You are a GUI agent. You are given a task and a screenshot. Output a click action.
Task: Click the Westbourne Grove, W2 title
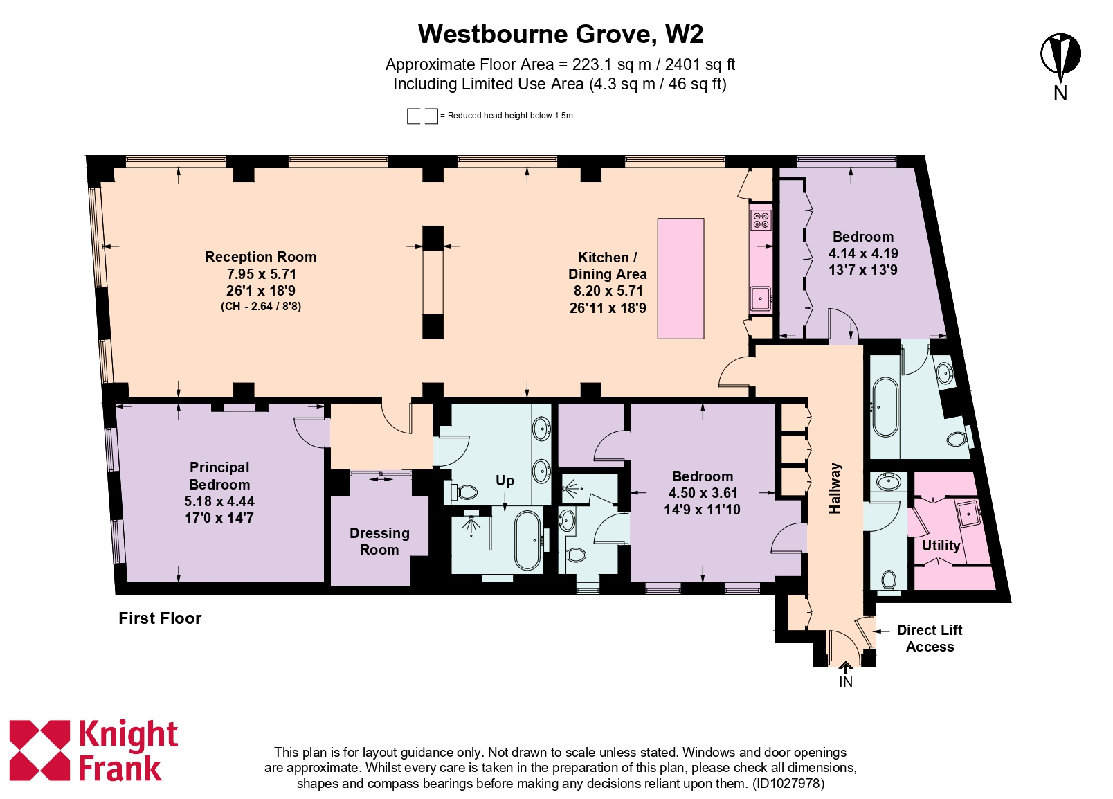pyautogui.click(x=560, y=34)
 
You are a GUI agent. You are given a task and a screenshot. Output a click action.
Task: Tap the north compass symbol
pyautogui.click(x=1060, y=55)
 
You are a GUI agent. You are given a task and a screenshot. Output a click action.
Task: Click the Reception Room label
pyautogui.click(x=260, y=257)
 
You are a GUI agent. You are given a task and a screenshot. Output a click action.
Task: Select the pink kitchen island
pyautogui.click(x=680, y=278)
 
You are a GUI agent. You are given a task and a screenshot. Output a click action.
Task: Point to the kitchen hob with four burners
pyautogui.click(x=761, y=219)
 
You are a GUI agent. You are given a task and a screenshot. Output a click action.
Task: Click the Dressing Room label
pyautogui.click(x=379, y=541)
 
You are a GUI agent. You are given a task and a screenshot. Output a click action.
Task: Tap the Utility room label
pyautogui.click(x=941, y=546)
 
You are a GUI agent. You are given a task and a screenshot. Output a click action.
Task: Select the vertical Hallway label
pyautogui.click(x=835, y=488)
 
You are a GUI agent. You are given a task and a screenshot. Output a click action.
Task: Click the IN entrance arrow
pyautogui.click(x=845, y=669)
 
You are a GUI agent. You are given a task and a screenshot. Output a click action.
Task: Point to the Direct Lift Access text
pyautogui.click(x=930, y=638)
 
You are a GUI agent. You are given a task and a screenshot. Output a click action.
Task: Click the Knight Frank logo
pyautogui.click(x=93, y=751)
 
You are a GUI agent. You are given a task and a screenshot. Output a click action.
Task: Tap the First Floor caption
pyautogui.click(x=160, y=618)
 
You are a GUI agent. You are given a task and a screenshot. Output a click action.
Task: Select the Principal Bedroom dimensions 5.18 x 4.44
pyautogui.click(x=219, y=501)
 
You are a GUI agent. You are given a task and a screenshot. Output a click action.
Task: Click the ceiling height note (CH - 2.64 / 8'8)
pyautogui.click(x=261, y=307)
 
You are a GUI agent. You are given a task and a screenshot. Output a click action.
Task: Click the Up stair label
pyautogui.click(x=505, y=481)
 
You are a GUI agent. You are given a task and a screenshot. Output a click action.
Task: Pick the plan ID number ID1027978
pyautogui.click(x=788, y=784)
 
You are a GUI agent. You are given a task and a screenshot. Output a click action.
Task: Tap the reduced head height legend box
pyautogui.click(x=422, y=116)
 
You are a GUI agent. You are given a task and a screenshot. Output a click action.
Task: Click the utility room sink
pyautogui.click(x=967, y=513)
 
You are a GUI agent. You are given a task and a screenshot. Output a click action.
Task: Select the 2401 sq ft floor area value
pyautogui.click(x=700, y=65)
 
